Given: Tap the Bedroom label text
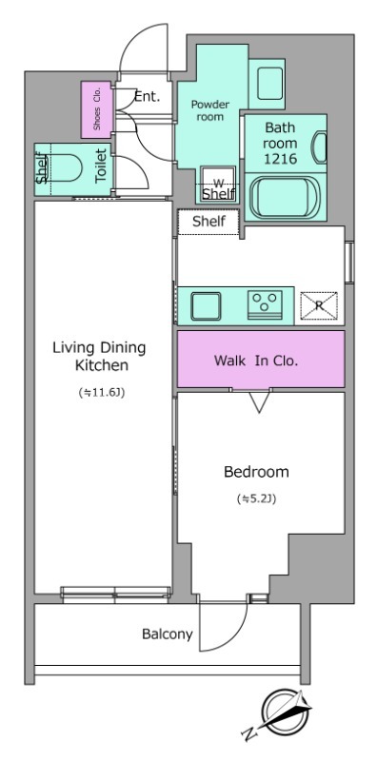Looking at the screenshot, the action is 256,472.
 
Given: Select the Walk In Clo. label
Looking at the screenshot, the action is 255,361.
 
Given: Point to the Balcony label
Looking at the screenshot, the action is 168,634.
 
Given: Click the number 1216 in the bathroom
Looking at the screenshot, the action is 280,159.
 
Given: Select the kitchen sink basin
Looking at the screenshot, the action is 206,305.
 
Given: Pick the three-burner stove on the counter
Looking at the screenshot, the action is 266,304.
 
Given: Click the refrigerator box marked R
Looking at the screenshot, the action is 319,305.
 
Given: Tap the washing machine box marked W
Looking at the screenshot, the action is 219,184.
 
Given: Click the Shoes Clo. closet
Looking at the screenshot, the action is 96,109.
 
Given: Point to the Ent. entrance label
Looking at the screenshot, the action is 148,97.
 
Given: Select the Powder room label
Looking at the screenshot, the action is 209,110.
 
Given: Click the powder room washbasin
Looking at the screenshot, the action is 267,83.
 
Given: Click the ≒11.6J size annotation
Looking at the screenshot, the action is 102,393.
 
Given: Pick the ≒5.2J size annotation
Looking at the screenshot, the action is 256,498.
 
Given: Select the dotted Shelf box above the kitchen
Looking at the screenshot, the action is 208,222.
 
